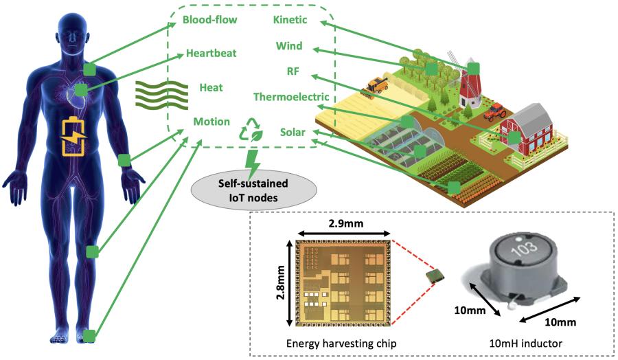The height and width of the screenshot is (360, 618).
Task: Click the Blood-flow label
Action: [209, 20]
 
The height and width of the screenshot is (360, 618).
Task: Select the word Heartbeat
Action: [213, 54]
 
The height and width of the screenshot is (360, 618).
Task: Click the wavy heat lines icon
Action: [161, 95]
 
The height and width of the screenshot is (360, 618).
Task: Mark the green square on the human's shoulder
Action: [89, 69]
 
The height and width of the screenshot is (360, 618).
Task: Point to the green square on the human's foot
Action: [89, 335]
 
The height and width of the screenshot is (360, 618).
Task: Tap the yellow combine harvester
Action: [376, 86]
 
